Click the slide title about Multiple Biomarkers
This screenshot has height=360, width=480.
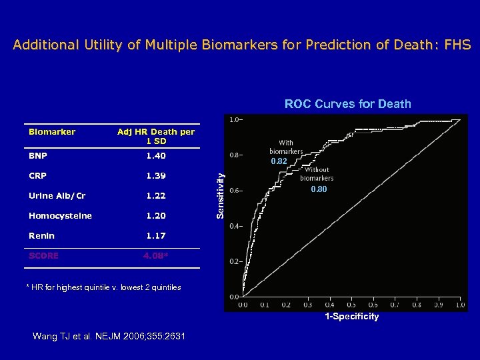point(241,45)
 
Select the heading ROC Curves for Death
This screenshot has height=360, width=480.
point(347,104)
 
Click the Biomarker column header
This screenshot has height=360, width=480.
point(52,132)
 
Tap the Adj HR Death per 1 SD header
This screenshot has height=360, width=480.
point(156,136)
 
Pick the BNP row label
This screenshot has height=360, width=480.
point(38,156)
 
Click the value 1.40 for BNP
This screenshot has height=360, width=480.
point(156,156)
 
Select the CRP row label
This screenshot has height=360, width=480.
point(38,176)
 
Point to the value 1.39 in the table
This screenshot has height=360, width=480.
point(156,176)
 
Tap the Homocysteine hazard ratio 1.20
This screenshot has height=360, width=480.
point(156,216)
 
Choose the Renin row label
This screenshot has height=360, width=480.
point(41,236)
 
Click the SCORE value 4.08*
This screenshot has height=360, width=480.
point(156,256)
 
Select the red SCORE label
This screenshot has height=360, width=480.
point(43,256)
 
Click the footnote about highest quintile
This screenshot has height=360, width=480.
point(103,287)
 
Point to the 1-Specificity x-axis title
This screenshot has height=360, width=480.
point(351,317)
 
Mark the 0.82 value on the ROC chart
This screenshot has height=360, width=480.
point(279,162)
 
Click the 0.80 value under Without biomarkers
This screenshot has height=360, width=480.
point(319,190)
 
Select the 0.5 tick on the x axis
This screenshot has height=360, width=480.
point(351,305)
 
